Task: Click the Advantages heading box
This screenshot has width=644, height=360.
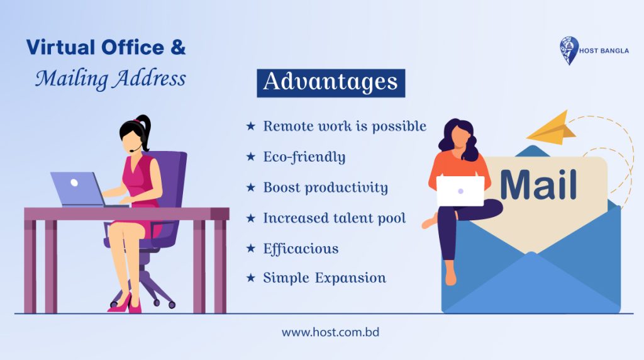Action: click(331, 83)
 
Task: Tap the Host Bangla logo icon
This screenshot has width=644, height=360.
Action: click(569, 50)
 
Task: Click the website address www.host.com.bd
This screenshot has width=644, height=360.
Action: click(330, 332)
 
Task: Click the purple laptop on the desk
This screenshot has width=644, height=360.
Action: click(77, 189)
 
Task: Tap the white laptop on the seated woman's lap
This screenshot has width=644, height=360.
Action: click(460, 191)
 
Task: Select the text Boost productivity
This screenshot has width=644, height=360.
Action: click(325, 188)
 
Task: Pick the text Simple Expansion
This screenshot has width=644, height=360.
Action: click(325, 278)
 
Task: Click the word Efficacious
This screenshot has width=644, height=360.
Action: click(301, 248)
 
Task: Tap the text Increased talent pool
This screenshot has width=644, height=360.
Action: click(334, 218)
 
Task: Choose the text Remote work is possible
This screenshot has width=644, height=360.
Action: click(345, 127)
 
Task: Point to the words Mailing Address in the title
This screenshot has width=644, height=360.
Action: click(111, 79)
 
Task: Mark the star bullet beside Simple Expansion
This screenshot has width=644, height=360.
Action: click(250, 278)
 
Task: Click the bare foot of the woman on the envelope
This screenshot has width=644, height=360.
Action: click(450, 277)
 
